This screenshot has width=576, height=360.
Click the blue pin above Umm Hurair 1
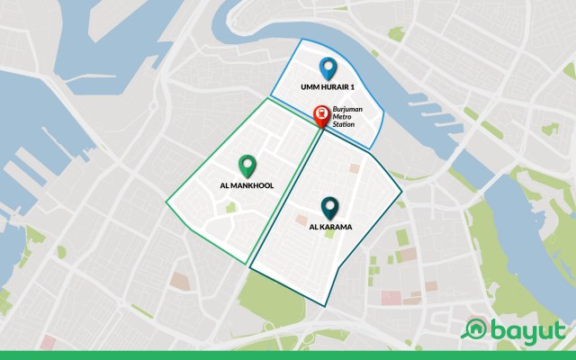(x=328, y=68)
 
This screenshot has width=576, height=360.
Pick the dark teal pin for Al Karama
(x=329, y=209)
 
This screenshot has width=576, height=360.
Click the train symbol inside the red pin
(x=319, y=113)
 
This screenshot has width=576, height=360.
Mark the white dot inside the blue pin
(x=328, y=65)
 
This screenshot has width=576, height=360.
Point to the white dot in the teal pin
(x=329, y=205)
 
